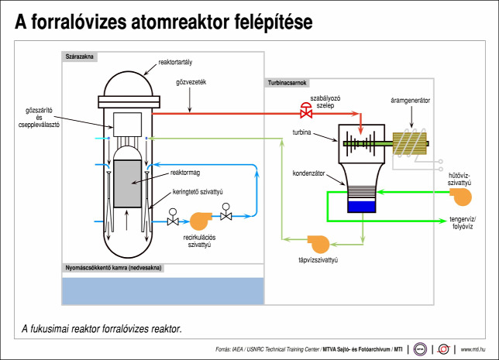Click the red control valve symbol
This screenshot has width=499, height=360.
click(x=307, y=111)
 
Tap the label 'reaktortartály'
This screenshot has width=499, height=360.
click(x=175, y=63)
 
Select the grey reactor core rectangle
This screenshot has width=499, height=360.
click(x=127, y=183)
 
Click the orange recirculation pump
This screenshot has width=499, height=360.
click(x=201, y=221)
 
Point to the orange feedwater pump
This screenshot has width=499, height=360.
click(x=318, y=244)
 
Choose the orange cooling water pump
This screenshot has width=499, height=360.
click(x=461, y=197)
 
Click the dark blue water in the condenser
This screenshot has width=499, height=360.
click(x=362, y=207)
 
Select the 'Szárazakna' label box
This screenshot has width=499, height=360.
click(x=80, y=57)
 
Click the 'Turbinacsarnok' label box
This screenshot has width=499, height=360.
click(x=287, y=83)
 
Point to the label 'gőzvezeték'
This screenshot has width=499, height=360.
click(x=191, y=82)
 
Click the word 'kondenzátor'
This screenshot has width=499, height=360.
click(x=308, y=173)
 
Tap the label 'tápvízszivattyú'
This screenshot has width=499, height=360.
click(x=318, y=260)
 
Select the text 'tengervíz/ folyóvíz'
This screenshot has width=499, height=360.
click(x=463, y=223)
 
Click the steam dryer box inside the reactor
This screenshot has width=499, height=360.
click(x=127, y=125)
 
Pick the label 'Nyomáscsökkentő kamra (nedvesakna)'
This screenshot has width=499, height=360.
click(x=113, y=268)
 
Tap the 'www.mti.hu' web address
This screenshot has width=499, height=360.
click(x=473, y=349)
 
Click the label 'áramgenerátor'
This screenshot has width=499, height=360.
click(x=410, y=101)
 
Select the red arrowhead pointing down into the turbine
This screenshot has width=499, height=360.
click(x=360, y=130)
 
